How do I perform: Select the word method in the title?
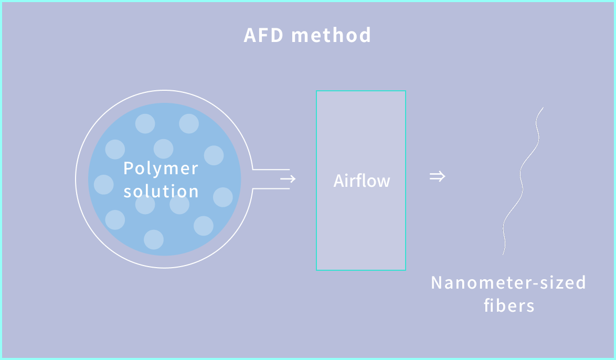click(331, 36)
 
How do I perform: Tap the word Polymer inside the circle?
click(161, 169)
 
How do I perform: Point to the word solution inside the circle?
click(161, 191)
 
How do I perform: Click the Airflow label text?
click(362, 181)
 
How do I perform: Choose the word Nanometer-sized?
click(508, 283)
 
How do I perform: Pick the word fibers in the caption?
click(508, 305)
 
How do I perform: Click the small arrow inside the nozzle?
click(288, 179)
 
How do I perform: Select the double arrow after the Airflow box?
click(437, 176)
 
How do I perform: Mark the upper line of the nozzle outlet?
click(271, 170)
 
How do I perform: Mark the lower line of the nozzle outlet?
click(271, 188)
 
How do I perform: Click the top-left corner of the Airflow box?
click(316, 91)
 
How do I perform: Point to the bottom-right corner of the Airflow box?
click(405, 270)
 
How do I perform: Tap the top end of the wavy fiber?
click(543, 108)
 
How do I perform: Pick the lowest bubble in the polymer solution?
click(154, 239)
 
